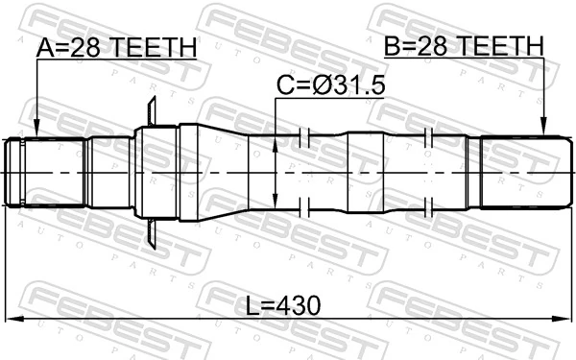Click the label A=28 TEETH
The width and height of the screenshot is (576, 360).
click(x=116, y=47)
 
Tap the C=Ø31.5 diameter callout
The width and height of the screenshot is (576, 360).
click(x=330, y=86)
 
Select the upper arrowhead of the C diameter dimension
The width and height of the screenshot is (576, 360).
click(x=276, y=142)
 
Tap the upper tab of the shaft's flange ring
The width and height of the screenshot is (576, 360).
click(x=152, y=108)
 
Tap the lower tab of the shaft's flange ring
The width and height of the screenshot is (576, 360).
click(x=152, y=236)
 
